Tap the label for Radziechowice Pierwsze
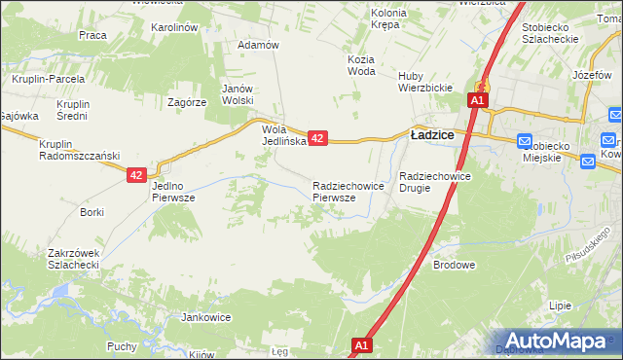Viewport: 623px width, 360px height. click(340, 191)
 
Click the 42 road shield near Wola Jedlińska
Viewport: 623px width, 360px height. click(317, 139)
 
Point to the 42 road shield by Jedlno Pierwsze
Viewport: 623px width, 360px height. click(136, 175)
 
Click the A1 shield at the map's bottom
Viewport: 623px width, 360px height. click(361, 345)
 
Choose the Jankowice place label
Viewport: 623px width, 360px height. click(205, 317)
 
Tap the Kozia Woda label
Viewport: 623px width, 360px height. click(360, 64)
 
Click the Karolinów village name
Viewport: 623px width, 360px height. click(175, 27)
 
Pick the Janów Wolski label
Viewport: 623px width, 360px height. click(237, 93)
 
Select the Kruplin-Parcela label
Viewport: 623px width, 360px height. click(46, 78)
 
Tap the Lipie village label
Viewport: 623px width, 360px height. click(560, 305)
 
